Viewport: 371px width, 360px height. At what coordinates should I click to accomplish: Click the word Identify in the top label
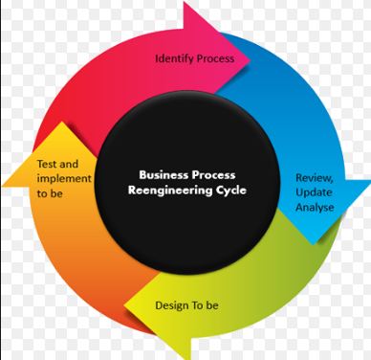coord(173,58)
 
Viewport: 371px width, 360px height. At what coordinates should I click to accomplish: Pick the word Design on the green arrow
coord(172,306)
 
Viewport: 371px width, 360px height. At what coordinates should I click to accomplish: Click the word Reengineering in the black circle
coord(164,190)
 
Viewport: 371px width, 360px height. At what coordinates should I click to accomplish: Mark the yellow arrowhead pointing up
coord(38,144)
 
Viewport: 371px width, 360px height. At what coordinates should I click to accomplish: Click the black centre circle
coord(186,220)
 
